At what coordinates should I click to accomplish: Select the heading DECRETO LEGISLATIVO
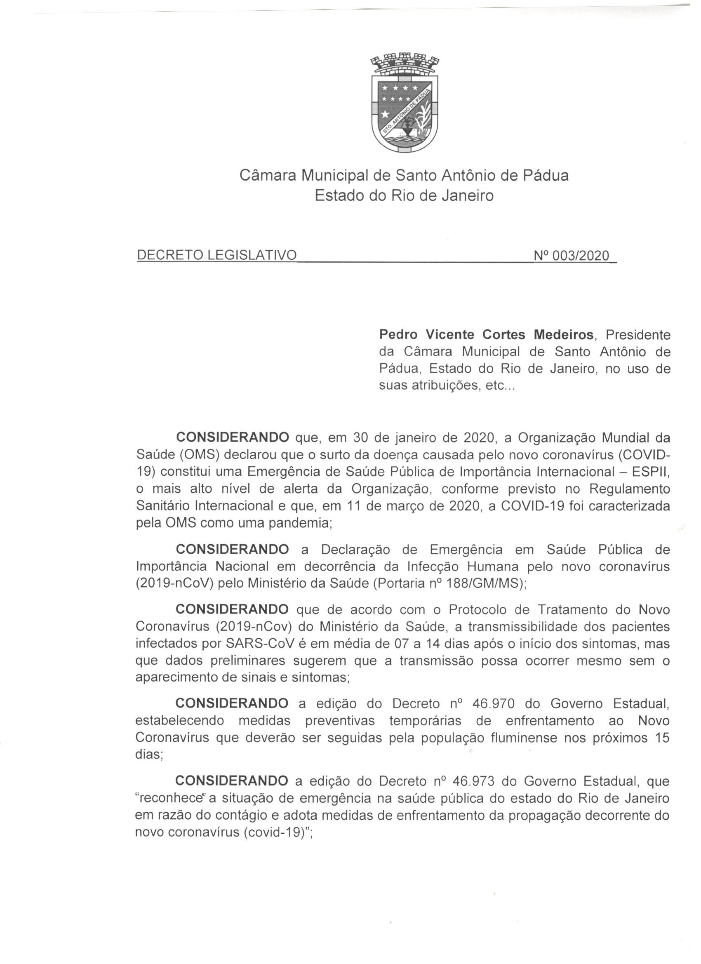[216, 255]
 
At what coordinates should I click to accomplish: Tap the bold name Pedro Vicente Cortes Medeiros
[486, 334]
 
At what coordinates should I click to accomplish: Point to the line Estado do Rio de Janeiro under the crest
[404, 195]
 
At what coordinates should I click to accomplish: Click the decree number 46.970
[494, 703]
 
